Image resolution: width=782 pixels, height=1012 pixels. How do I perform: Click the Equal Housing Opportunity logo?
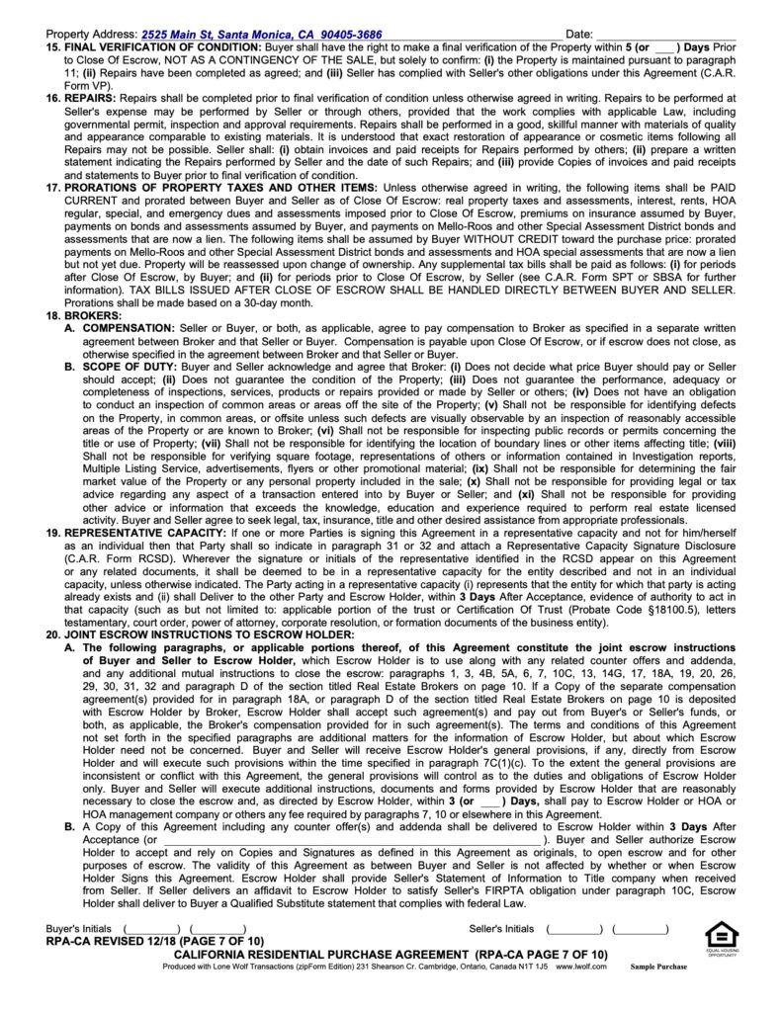[x=720, y=938]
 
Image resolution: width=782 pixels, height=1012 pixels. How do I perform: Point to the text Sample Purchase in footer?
[x=657, y=966]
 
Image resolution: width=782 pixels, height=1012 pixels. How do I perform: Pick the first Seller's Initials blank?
[x=575, y=929]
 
